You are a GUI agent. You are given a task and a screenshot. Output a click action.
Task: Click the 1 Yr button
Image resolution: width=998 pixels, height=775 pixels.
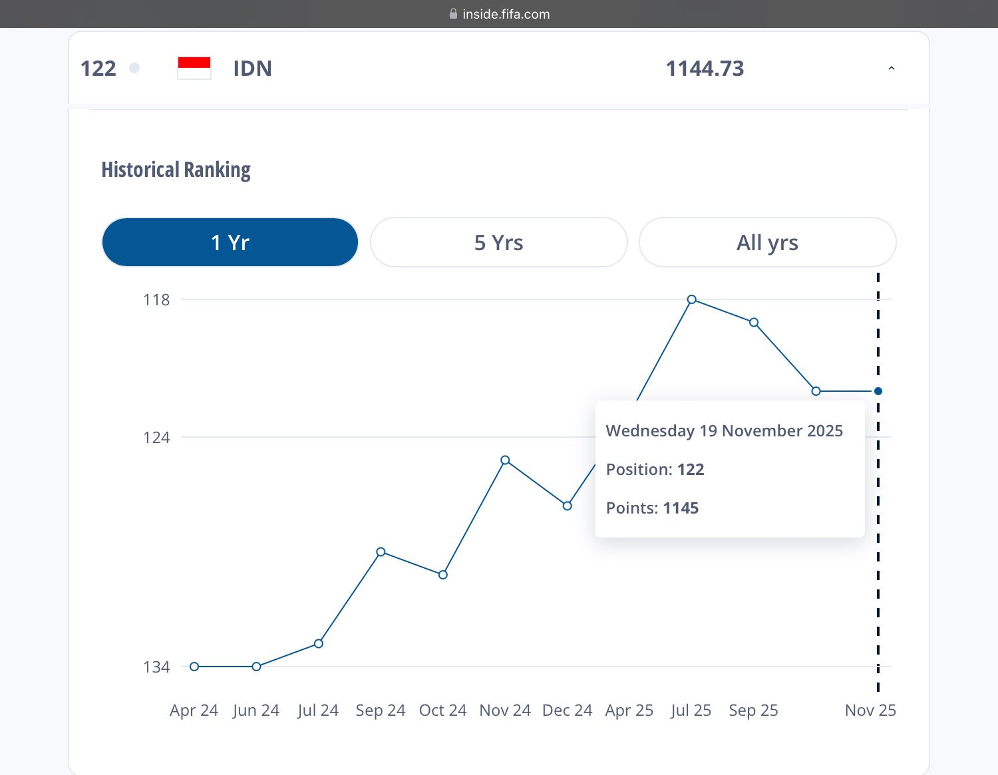click(230, 242)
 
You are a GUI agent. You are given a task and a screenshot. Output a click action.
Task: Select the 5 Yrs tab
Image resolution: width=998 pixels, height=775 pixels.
click(499, 242)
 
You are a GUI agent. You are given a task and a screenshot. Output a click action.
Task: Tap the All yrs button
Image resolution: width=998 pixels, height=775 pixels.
click(767, 242)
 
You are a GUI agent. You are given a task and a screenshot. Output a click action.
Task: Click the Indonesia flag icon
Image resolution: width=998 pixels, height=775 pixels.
click(194, 68)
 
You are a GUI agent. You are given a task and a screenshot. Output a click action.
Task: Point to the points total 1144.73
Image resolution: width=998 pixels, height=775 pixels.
click(705, 69)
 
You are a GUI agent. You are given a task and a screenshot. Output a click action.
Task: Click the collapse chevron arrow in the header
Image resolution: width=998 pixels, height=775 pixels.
click(892, 69)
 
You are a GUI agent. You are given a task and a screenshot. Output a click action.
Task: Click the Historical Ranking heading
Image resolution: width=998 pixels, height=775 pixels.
click(176, 170)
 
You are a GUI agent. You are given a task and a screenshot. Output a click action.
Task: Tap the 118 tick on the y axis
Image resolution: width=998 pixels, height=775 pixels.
click(156, 300)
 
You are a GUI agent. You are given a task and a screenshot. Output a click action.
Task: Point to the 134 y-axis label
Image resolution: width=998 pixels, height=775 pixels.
click(156, 667)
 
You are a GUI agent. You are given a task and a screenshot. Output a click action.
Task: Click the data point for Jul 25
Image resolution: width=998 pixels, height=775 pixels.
click(692, 299)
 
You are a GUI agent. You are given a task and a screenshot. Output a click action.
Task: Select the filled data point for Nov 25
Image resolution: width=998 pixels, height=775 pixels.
click(878, 391)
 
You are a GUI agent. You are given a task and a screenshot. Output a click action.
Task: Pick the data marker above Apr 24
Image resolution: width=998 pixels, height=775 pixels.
click(194, 666)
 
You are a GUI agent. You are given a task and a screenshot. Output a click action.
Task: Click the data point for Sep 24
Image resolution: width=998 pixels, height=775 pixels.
click(381, 551)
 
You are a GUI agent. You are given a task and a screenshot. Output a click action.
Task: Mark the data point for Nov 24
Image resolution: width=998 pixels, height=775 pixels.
click(505, 460)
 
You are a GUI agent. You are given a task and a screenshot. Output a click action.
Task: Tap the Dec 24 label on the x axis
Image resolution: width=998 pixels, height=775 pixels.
click(568, 710)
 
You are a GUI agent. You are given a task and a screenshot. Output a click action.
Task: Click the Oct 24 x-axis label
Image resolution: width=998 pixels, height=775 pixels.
click(442, 710)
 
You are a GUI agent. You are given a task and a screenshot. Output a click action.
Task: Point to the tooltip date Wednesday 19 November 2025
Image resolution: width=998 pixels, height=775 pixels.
click(725, 430)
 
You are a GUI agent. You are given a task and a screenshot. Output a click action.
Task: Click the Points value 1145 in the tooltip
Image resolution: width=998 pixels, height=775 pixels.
click(681, 508)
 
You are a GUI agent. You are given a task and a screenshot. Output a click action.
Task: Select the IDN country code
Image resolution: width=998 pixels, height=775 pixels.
click(253, 69)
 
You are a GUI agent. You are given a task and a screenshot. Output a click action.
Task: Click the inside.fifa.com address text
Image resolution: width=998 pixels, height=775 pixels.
click(506, 14)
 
